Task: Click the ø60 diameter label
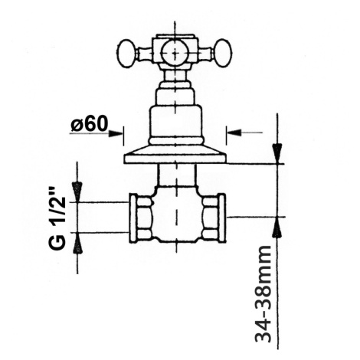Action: point(90,125)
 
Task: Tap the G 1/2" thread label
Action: point(57,218)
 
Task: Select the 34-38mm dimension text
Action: point(263,293)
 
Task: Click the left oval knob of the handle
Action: point(126,54)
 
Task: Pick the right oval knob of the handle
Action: point(223,54)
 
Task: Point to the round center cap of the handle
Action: point(175,53)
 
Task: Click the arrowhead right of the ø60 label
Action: point(115,133)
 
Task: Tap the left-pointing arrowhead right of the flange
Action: point(234,133)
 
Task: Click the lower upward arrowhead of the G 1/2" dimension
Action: point(77,243)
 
